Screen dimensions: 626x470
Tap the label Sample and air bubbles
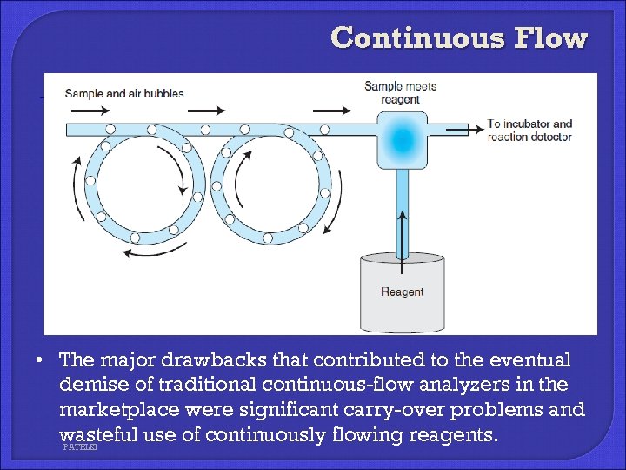(x=124, y=93)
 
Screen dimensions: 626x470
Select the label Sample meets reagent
(x=400, y=92)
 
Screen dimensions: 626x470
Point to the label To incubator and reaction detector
(x=529, y=131)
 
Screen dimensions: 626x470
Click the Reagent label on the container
(x=402, y=292)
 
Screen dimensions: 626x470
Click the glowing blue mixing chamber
(x=402, y=139)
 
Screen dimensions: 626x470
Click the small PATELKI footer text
(x=81, y=446)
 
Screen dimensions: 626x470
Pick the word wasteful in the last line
(x=97, y=433)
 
